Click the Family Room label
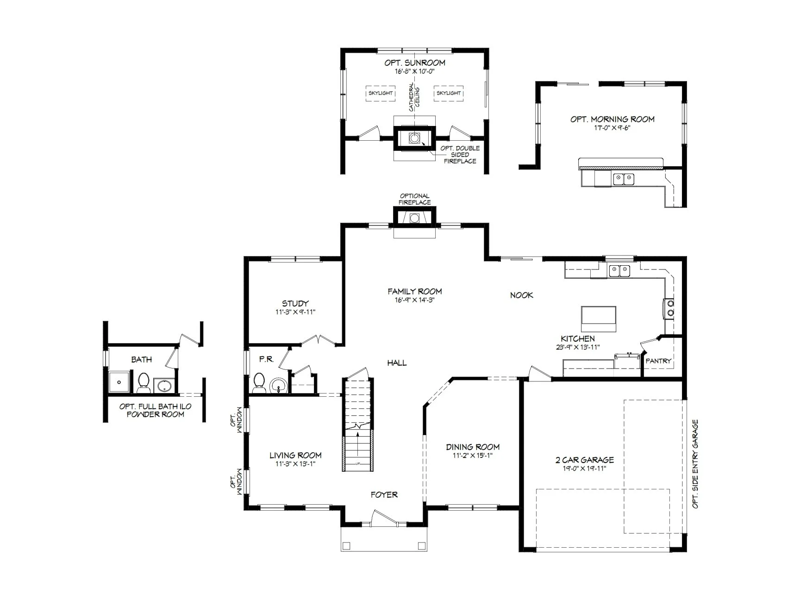point(414,291)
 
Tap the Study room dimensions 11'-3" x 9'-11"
point(295,312)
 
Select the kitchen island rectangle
point(599,319)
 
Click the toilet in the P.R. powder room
point(259,382)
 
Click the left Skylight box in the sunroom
point(380,93)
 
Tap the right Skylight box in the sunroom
point(449,93)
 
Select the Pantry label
point(658,361)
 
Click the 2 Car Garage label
point(584,460)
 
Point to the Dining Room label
point(473,447)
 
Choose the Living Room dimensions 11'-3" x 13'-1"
point(295,464)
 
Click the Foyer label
point(384,495)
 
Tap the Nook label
point(521,295)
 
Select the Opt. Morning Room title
point(612,119)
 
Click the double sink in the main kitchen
point(619,270)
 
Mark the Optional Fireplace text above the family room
point(415,199)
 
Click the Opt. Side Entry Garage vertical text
point(695,464)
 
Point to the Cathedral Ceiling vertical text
point(414,97)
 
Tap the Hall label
point(397,362)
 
